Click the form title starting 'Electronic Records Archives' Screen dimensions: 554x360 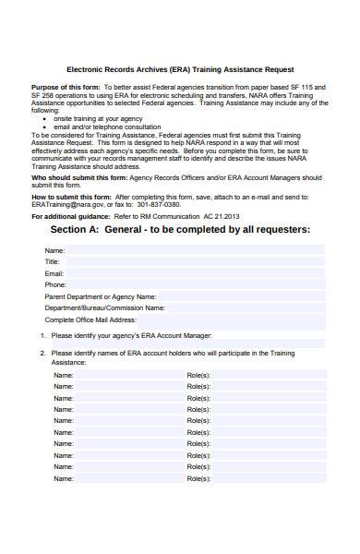(180, 69)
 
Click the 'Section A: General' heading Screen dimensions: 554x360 (180, 229)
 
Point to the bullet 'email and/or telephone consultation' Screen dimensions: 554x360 (105, 126)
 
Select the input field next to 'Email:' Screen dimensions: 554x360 (194, 274)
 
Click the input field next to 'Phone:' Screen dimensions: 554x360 (194, 285)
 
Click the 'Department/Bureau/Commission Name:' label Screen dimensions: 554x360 (104, 307)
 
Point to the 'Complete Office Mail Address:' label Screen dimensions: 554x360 (90, 319)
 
